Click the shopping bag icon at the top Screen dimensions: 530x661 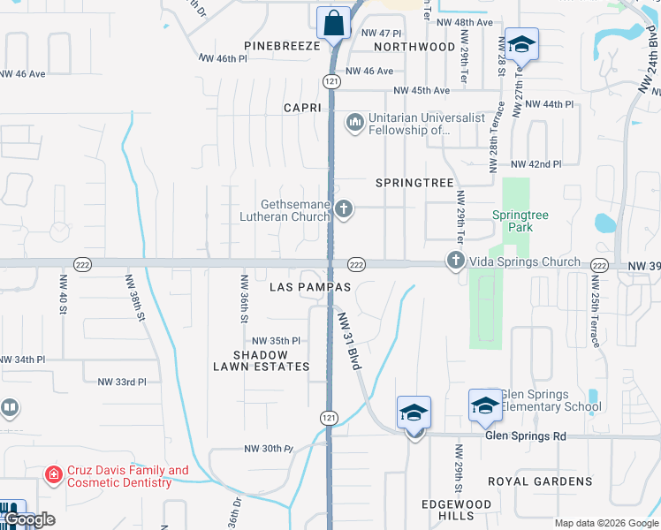click(x=333, y=23)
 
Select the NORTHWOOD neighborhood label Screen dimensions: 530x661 click(x=414, y=46)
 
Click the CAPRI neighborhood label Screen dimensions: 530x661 click(x=300, y=108)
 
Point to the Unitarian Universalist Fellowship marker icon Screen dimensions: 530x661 click(x=355, y=121)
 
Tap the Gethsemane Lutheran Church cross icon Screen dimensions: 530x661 click(x=344, y=209)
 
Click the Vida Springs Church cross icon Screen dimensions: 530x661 click(x=455, y=261)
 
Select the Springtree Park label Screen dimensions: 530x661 click(x=513, y=221)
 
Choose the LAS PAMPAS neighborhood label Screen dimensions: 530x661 click(x=309, y=287)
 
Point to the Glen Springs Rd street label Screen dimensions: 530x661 click(x=525, y=436)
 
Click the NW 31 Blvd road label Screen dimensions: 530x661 click(x=348, y=341)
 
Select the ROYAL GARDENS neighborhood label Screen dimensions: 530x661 click(x=540, y=481)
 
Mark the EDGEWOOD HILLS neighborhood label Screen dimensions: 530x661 click(x=456, y=509)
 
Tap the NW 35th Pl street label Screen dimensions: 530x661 click(x=276, y=341)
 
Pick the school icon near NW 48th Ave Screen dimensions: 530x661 click(x=521, y=44)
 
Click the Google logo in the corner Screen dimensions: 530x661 click(x=28, y=519)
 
